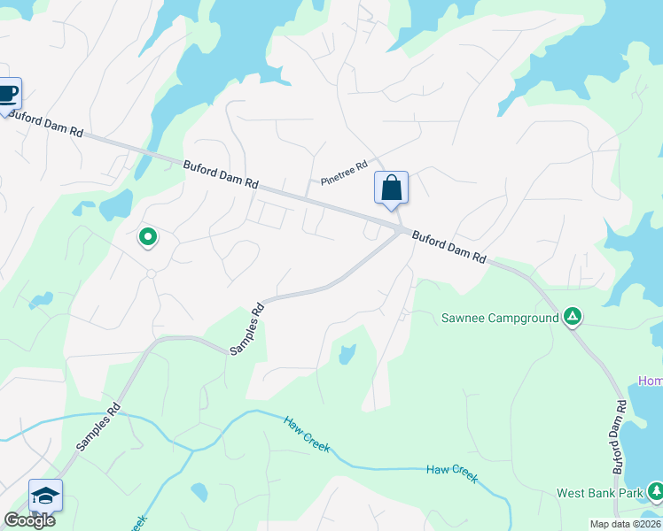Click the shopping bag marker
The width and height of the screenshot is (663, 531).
coord(391,189)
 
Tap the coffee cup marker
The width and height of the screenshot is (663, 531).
coord(7,93)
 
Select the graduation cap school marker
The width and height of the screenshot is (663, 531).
coord(45,496)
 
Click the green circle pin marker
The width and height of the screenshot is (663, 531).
coord(148,236)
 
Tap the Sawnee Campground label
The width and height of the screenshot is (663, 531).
coord(500,317)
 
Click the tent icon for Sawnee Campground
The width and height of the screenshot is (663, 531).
coord(573,317)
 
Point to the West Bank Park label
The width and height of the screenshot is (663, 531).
coord(599,493)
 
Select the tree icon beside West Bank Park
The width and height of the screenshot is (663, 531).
coord(655,491)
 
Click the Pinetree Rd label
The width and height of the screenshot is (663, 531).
coord(344,168)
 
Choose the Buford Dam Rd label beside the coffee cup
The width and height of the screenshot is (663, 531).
coord(46,125)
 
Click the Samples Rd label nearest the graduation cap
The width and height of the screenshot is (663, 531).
coord(97,429)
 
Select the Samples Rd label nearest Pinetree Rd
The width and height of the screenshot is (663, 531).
coord(247,330)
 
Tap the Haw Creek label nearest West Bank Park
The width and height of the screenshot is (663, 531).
coord(452,473)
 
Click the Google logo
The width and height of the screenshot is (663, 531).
coord(28,520)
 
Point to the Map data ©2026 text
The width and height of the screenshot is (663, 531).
coord(625,524)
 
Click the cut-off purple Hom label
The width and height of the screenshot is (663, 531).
coord(651,381)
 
